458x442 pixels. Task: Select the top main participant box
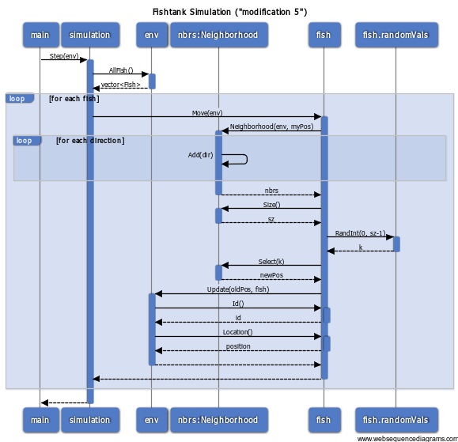[41, 35]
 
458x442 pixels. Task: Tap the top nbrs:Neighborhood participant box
[219, 35]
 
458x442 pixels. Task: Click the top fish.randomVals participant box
[396, 35]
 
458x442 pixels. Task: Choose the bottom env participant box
[152, 420]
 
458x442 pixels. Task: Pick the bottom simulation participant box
[90, 420]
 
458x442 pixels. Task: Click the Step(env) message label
[64, 56]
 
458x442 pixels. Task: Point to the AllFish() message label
[121, 70]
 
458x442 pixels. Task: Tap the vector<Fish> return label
[121, 85]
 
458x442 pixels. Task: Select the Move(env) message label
[207, 113]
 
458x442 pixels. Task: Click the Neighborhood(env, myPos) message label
[271, 127]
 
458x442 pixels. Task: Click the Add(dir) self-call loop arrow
[247, 159]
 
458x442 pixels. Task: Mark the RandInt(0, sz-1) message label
[361, 233]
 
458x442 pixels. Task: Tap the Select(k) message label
[271, 261]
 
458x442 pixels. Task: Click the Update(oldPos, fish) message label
[238, 289]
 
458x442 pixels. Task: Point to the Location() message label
[238, 332]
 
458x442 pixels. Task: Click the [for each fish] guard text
[74, 99]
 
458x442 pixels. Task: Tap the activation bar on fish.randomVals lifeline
[396, 244]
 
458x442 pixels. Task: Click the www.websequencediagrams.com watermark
[407, 439]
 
